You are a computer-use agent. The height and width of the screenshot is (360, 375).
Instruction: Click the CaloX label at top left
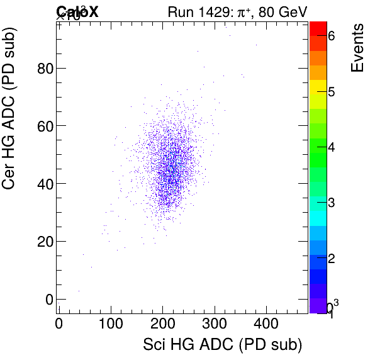tap(77, 11)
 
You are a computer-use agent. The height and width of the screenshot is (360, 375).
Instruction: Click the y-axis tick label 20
tap(43, 242)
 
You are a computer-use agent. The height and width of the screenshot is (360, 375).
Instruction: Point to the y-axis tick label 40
tap(43, 184)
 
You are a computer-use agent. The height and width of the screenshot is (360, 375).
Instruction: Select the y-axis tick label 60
tap(43, 126)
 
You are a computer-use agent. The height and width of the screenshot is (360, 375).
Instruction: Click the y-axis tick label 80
tap(43, 68)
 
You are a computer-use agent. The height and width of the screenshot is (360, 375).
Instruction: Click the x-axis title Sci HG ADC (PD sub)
tap(223, 345)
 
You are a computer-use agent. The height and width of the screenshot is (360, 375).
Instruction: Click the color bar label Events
tap(357, 48)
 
